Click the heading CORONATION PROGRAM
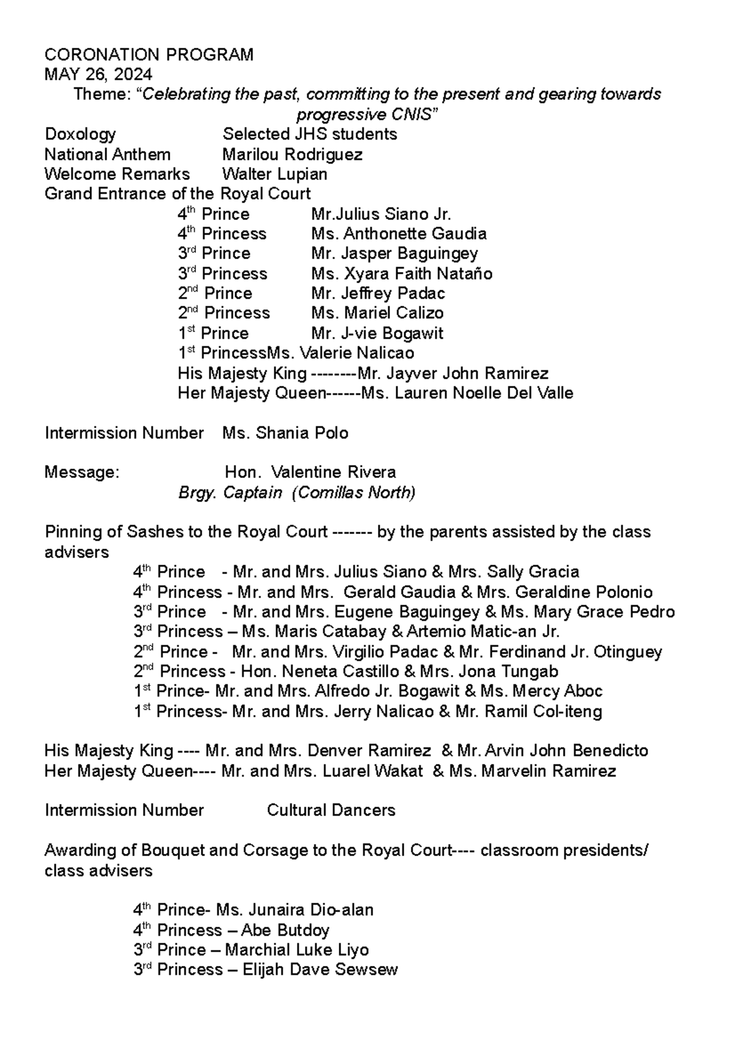(149, 55)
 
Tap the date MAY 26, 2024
(99, 75)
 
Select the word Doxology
(80, 134)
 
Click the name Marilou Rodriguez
(292, 154)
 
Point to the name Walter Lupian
(274, 174)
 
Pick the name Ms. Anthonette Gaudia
(399, 234)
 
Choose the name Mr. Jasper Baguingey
(394, 254)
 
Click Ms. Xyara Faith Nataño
(401, 274)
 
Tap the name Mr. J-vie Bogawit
(377, 334)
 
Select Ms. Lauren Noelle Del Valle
(467, 393)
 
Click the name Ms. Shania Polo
(285, 433)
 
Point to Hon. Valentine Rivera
(311, 472)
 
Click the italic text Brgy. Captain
(230, 492)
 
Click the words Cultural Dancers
(331, 810)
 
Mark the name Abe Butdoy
(285, 930)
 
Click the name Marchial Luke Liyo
(296, 950)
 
